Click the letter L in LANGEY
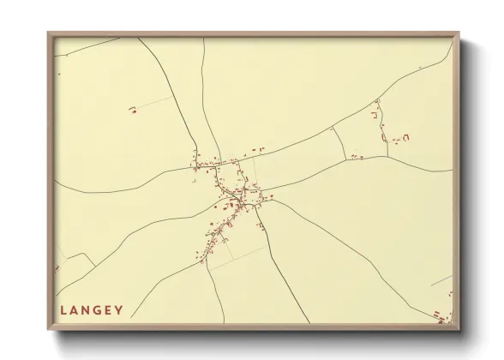click(x=63, y=310)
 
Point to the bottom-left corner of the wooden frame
click(x=49, y=328)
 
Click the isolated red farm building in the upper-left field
click(x=133, y=110)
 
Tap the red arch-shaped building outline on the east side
click(x=406, y=135)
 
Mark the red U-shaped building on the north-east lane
click(x=375, y=112)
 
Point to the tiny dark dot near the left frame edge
click(x=57, y=75)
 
